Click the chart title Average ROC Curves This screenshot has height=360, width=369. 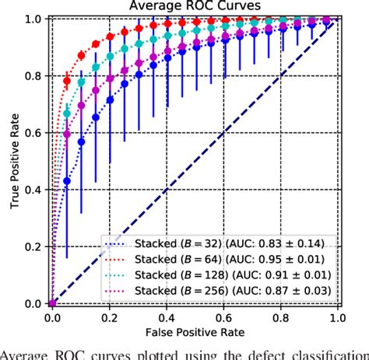[193, 7]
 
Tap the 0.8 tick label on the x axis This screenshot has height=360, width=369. [280, 318]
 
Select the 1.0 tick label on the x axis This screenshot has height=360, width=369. [337, 318]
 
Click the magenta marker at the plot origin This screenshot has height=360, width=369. [51, 303]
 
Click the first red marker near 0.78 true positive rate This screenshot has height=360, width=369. [66, 81]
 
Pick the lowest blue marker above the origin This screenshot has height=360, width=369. [66, 181]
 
